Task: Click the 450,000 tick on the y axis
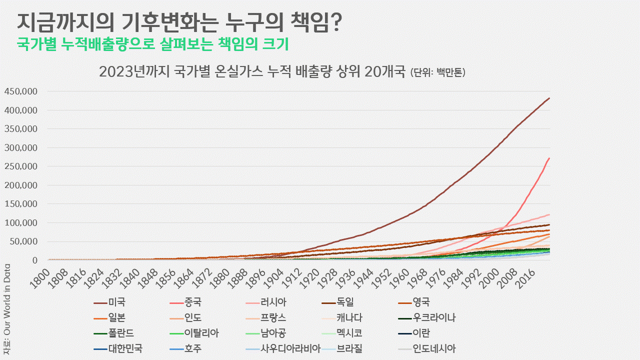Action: click(x=21, y=91)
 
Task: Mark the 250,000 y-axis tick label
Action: click(x=21, y=166)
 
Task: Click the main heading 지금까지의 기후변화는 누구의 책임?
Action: click(x=179, y=22)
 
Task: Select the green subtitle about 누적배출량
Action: click(x=153, y=44)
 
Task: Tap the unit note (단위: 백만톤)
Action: click(x=438, y=72)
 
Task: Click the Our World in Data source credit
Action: click(x=6, y=310)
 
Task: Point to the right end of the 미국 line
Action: click(x=549, y=98)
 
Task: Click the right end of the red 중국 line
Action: click(x=549, y=158)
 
